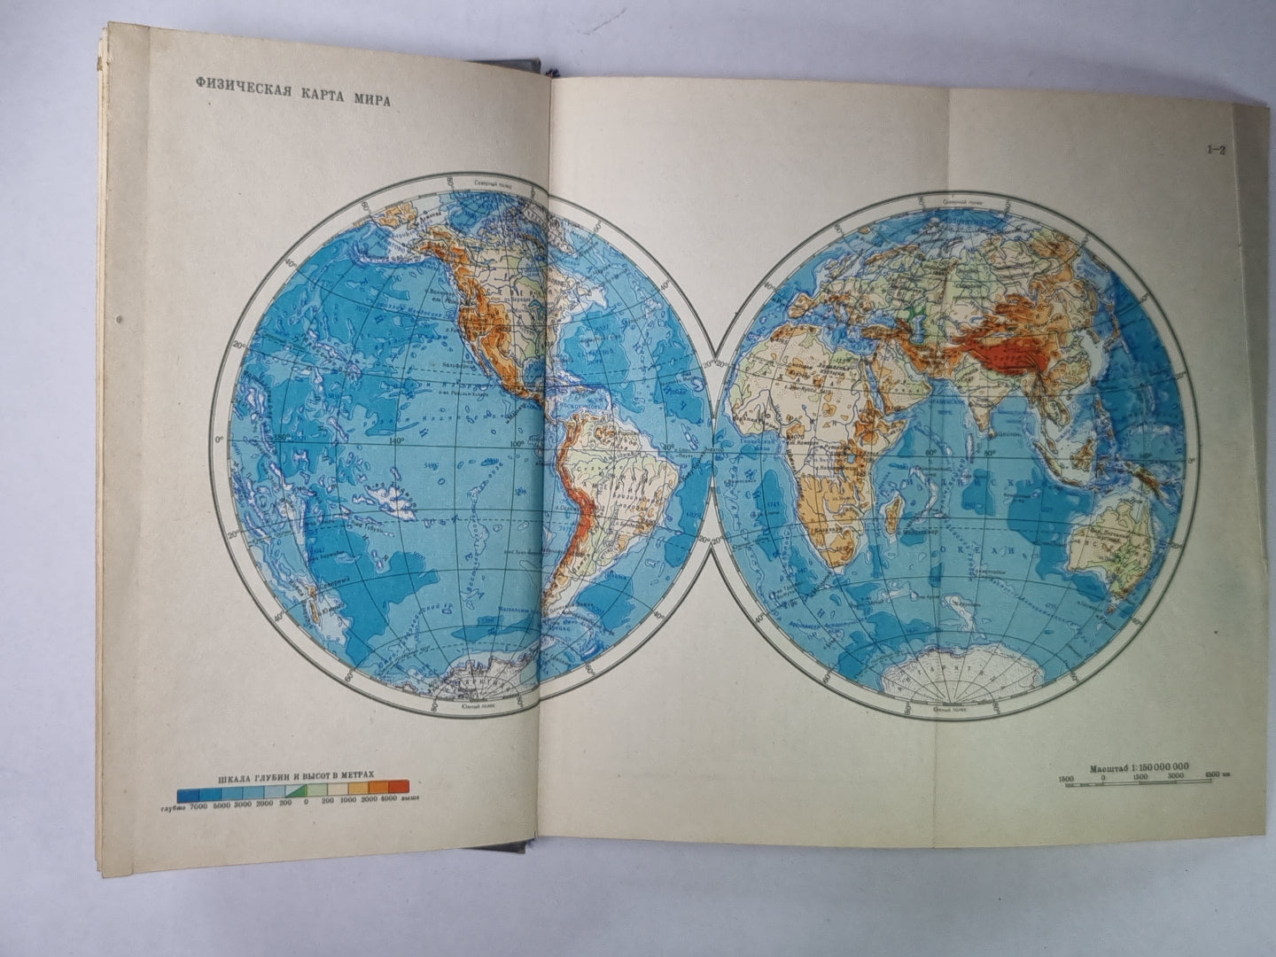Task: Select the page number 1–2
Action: tap(1215, 150)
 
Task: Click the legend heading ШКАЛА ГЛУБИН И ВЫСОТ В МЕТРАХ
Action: tap(293, 770)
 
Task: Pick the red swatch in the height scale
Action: tap(398, 785)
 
